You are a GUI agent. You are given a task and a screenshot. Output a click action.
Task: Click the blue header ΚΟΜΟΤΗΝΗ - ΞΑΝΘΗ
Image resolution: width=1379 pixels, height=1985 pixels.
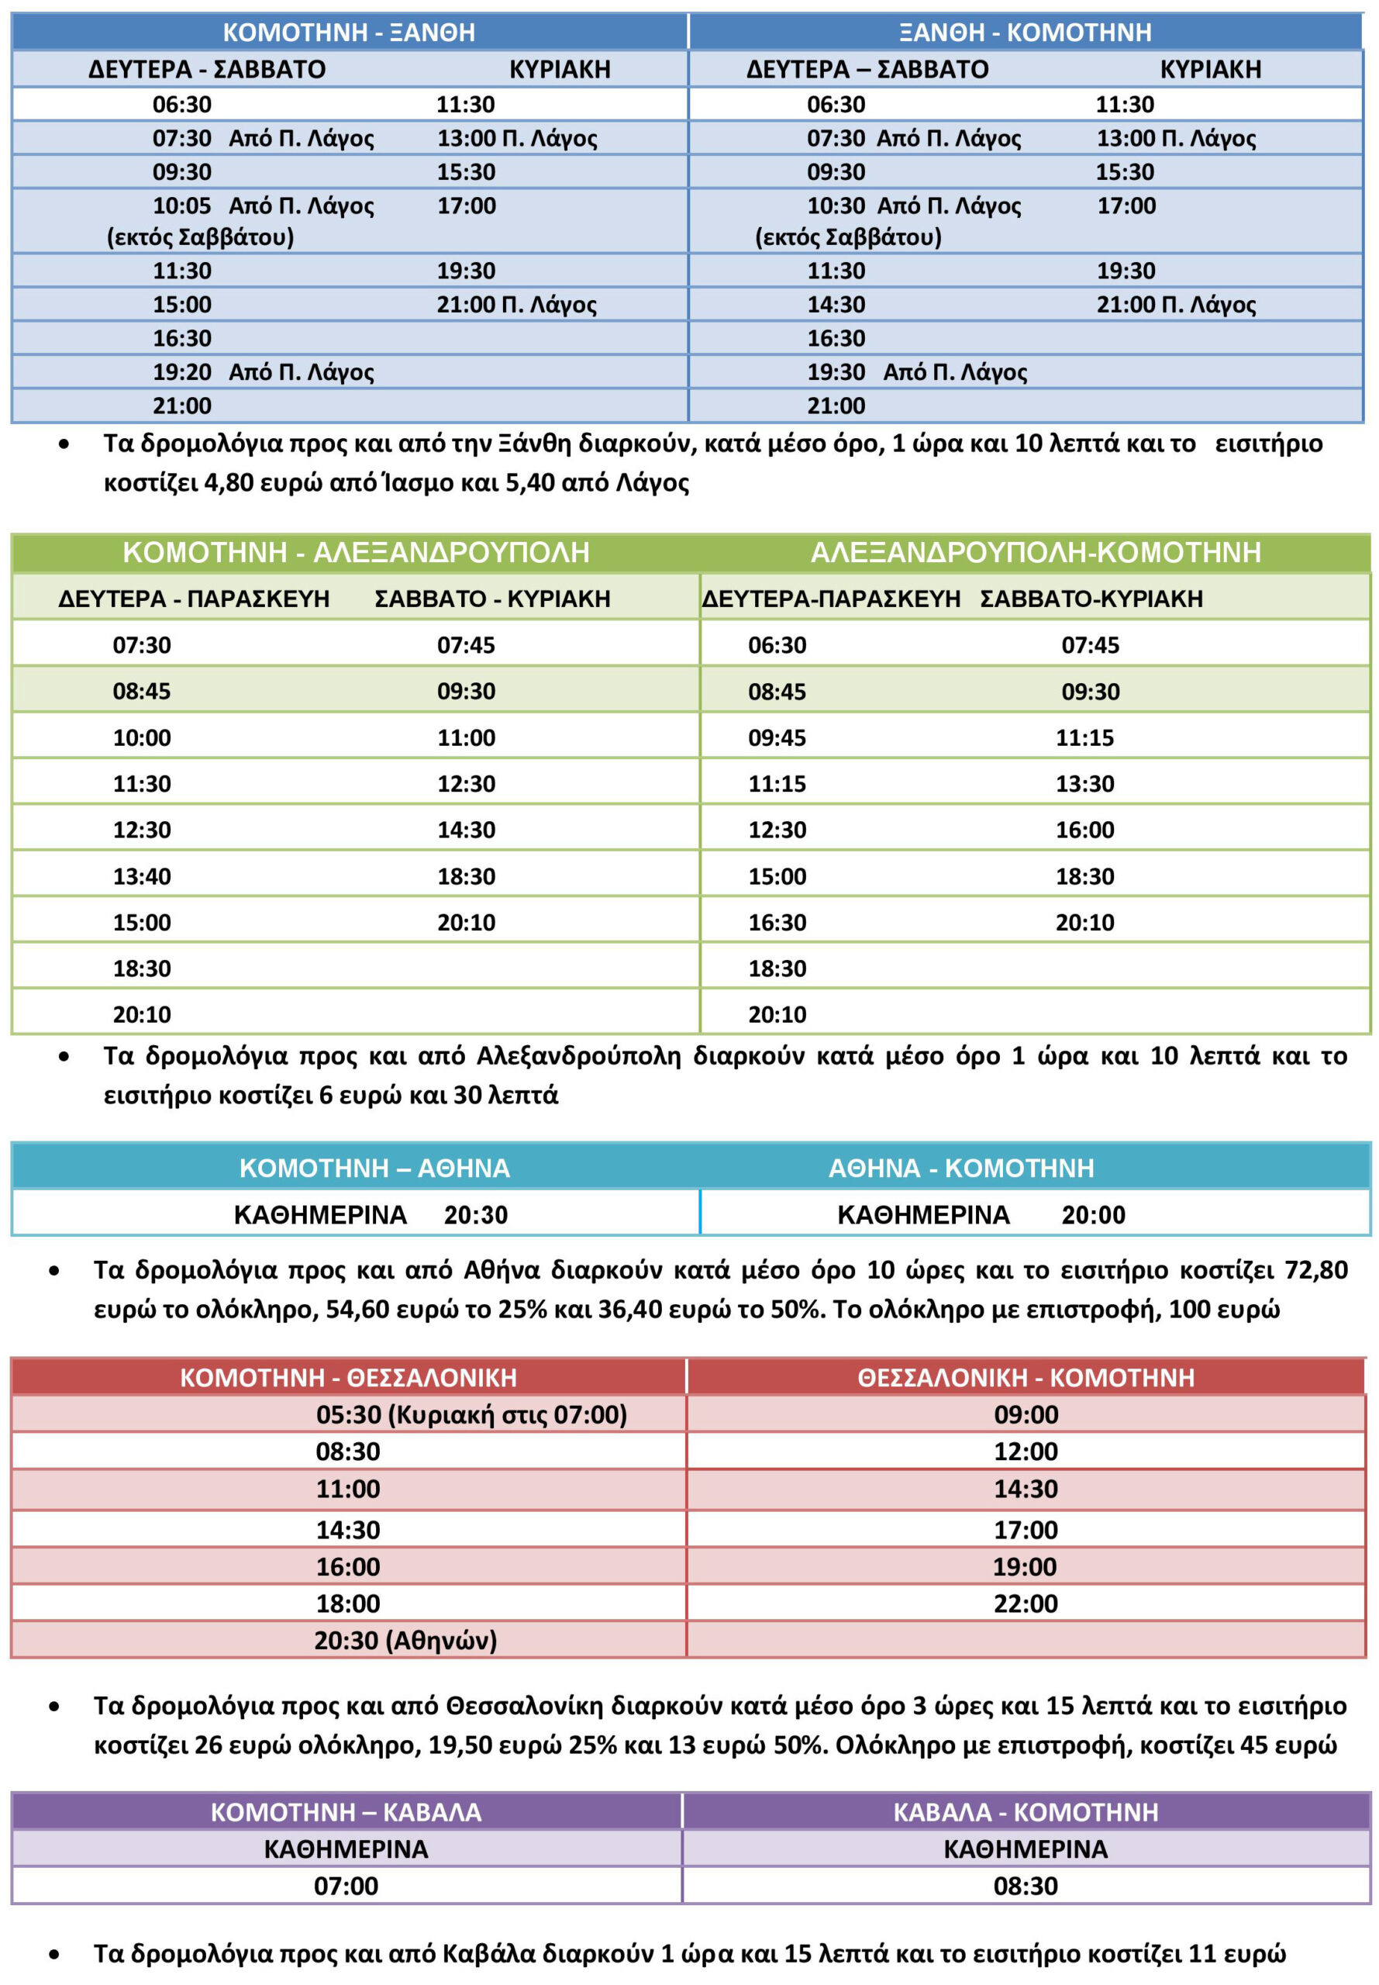pyautogui.click(x=349, y=32)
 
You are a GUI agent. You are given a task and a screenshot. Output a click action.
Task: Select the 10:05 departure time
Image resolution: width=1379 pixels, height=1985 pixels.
pyautogui.click(x=181, y=205)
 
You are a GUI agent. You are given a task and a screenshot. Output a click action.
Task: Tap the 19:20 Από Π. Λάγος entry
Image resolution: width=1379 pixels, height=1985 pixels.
pyautogui.click(x=263, y=371)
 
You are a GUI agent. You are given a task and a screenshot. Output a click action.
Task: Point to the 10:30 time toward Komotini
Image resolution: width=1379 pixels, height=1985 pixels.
pyautogui.click(x=836, y=205)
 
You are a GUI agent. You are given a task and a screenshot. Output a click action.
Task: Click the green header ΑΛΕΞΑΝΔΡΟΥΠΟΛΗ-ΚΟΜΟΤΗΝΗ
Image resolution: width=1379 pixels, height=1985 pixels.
pyautogui.click(x=1035, y=552)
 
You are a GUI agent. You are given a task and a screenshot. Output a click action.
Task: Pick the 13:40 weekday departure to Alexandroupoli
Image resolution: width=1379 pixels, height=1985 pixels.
pyautogui.click(x=142, y=876)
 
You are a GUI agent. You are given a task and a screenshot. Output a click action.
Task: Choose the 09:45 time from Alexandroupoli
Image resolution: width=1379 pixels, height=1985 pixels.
pyautogui.click(x=777, y=737)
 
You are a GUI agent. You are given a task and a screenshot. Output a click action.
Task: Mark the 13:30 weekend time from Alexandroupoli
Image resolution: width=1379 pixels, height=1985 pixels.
pyautogui.click(x=1084, y=784)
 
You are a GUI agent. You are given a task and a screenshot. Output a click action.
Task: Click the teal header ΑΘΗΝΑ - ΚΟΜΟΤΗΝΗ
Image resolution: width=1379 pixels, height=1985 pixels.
pyautogui.click(x=961, y=1168)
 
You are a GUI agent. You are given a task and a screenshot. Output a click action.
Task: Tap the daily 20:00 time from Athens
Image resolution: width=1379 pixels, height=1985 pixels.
pyautogui.click(x=1093, y=1214)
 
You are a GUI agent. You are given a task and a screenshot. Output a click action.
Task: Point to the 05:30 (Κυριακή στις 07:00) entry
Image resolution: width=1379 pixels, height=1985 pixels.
pyautogui.click(x=471, y=1414)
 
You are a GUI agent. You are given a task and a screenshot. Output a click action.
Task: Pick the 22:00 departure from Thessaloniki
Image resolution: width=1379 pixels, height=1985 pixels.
pyautogui.click(x=1026, y=1603)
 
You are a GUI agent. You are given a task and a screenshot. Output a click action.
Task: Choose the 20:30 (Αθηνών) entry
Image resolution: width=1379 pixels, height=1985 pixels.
pyautogui.click(x=405, y=1639)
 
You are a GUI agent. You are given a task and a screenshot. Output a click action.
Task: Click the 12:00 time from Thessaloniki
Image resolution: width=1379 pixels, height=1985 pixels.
pyautogui.click(x=1026, y=1451)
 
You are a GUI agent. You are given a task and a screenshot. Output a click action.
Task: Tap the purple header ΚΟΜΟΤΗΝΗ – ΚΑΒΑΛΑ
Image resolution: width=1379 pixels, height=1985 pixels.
pyautogui.click(x=346, y=1811)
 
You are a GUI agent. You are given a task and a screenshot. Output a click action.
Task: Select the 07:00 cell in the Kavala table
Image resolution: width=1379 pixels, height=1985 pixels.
pyautogui.click(x=346, y=1886)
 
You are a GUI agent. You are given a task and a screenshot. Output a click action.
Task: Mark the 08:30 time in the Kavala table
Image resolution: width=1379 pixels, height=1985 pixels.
pyautogui.click(x=1026, y=1886)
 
